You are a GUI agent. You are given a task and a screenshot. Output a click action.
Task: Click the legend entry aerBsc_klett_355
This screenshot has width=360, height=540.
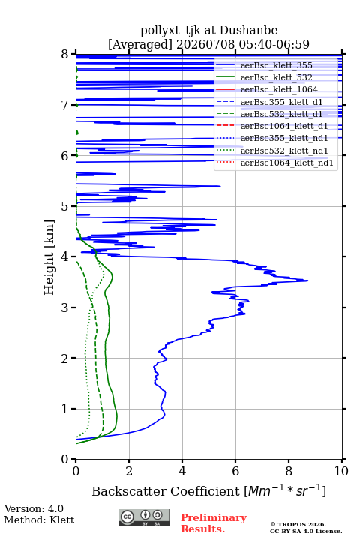[276, 65]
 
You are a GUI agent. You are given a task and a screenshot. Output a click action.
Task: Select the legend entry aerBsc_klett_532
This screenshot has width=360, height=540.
[276, 77]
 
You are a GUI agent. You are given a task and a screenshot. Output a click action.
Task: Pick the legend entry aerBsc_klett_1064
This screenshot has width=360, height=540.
[279, 89]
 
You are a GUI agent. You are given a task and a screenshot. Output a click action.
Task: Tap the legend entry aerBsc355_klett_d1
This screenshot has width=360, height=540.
[281, 102]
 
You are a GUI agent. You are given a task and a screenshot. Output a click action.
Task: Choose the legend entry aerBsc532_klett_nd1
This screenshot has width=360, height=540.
[284, 151]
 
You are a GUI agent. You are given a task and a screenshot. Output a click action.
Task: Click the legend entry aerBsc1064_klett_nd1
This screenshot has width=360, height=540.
[287, 163]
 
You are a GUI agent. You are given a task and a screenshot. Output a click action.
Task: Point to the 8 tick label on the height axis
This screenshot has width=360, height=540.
[65, 55]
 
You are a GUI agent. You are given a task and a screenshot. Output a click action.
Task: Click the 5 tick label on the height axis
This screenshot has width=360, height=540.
[65, 207]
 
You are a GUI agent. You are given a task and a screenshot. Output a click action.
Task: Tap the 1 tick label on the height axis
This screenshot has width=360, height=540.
[65, 409]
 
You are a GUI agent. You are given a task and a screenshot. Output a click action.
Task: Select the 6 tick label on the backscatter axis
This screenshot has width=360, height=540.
[235, 471]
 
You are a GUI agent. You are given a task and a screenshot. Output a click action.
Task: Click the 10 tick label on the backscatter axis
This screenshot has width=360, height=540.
[341, 471]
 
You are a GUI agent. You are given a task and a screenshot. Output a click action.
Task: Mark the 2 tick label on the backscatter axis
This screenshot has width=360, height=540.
[129, 471]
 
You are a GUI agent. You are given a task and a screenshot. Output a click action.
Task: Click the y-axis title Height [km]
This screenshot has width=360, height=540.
[49, 257]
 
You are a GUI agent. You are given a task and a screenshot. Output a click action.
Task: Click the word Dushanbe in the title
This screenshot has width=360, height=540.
[248, 31]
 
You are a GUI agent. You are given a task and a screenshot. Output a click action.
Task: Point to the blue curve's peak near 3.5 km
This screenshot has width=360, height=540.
[307, 280]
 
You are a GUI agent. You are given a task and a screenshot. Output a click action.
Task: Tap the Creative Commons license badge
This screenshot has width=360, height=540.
[144, 517]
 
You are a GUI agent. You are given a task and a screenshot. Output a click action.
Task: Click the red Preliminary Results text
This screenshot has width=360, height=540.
[214, 523]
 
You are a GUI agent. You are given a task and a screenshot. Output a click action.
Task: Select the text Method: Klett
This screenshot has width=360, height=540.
[39, 520]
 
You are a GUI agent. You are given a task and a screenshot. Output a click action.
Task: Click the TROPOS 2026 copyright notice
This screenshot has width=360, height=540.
[298, 524]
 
